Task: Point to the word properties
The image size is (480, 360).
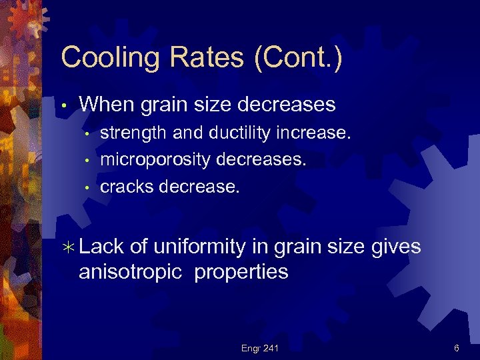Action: [x=241, y=272]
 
